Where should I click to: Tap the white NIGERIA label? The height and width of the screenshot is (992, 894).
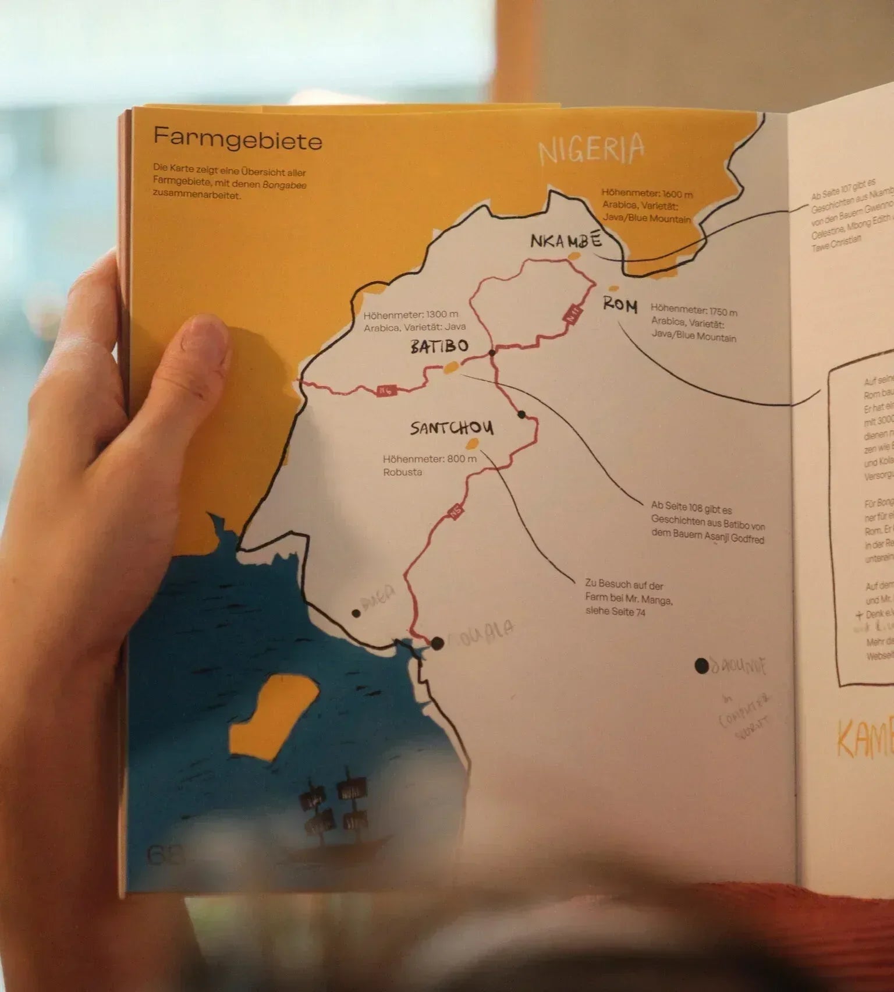click(591, 149)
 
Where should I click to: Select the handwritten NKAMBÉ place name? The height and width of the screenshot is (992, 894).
click(565, 240)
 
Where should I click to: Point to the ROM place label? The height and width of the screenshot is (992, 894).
click(620, 305)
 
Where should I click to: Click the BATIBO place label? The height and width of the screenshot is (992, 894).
click(439, 347)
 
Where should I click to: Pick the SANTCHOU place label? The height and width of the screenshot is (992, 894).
click(452, 428)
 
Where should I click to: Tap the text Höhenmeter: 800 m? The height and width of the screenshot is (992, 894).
click(430, 459)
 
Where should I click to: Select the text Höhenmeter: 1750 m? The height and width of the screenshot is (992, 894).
click(694, 311)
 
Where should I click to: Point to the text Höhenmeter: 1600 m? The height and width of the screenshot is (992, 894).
click(647, 194)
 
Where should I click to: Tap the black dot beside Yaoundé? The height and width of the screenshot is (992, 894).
click(701, 666)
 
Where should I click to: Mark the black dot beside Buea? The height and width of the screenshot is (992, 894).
click(356, 613)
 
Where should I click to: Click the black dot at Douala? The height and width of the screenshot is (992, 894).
click(437, 642)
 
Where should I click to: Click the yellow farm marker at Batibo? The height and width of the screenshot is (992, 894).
click(450, 367)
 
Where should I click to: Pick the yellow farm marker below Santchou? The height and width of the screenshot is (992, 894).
click(474, 446)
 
